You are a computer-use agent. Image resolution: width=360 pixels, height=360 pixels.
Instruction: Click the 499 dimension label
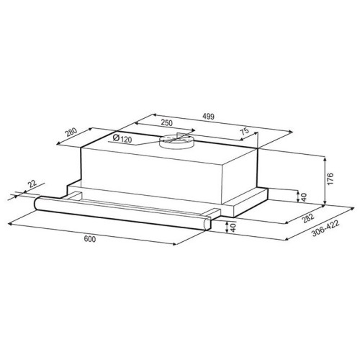(x=208, y=116)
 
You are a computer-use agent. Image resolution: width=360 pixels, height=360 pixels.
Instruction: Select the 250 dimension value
(x=166, y=122)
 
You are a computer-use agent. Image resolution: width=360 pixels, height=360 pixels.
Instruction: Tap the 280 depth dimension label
(x=71, y=132)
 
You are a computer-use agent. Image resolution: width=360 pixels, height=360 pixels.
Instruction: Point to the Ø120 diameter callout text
(x=122, y=138)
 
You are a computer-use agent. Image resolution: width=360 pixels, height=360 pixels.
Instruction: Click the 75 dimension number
(x=245, y=132)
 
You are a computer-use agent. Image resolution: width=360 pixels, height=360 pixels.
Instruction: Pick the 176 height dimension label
(x=330, y=179)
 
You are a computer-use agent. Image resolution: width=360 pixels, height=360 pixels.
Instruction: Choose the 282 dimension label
(x=308, y=218)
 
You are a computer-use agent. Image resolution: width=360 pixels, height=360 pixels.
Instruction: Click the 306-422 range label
(x=325, y=228)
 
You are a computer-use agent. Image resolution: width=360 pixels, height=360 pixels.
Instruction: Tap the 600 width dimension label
(x=90, y=239)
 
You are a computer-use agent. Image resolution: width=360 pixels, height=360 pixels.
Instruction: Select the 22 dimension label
(x=32, y=184)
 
